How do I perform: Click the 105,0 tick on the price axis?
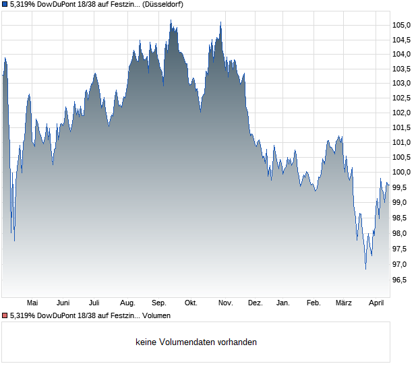402,25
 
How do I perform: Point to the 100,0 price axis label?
402,173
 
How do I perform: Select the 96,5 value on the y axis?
402,280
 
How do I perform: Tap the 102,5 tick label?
402,98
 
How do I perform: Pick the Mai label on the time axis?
32,303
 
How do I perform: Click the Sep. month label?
159,303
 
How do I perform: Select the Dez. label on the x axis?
255,303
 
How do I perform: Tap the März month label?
344,303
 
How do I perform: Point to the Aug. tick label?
127,303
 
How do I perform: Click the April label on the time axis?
376,303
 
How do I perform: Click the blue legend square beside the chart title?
5,4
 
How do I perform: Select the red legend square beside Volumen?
5,315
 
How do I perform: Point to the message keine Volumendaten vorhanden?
196,342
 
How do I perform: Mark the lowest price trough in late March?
365,269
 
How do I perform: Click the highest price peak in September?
171,21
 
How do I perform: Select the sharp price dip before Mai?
14,240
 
